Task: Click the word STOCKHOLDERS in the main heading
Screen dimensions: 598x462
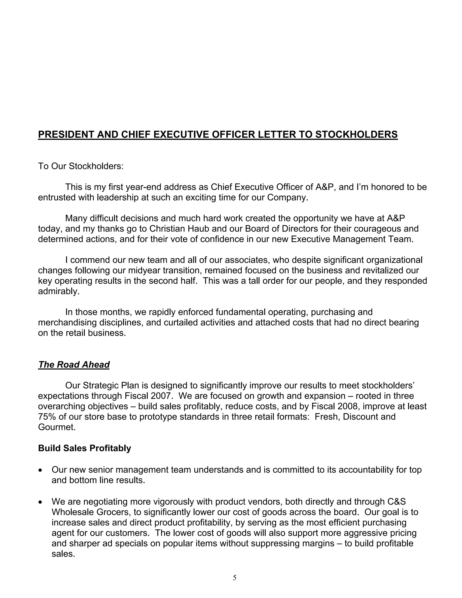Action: point(356,134)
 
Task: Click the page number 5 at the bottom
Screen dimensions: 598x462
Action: point(235,578)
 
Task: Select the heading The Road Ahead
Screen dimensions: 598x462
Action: point(74,364)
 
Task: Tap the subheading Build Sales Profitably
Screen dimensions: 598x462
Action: point(85,448)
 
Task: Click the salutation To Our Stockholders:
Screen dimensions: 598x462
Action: point(81,166)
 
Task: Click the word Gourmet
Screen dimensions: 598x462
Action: point(57,427)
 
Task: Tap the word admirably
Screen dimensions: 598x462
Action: point(59,291)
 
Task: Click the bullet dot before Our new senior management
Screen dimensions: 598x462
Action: point(41,470)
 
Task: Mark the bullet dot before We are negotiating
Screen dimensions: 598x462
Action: point(41,503)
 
